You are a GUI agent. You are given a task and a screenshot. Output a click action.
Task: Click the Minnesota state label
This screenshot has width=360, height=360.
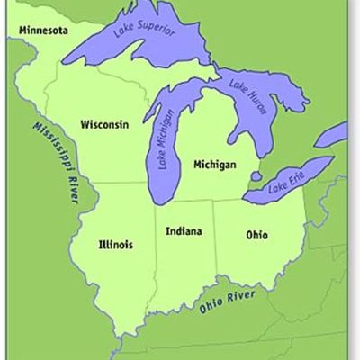pos(41,30)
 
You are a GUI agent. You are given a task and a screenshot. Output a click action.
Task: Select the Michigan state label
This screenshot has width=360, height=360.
pos(213,165)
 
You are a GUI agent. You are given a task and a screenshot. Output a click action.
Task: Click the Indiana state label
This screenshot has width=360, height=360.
pos(184,231)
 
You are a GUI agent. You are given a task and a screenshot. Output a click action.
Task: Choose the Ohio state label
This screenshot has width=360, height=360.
pos(256,235)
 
